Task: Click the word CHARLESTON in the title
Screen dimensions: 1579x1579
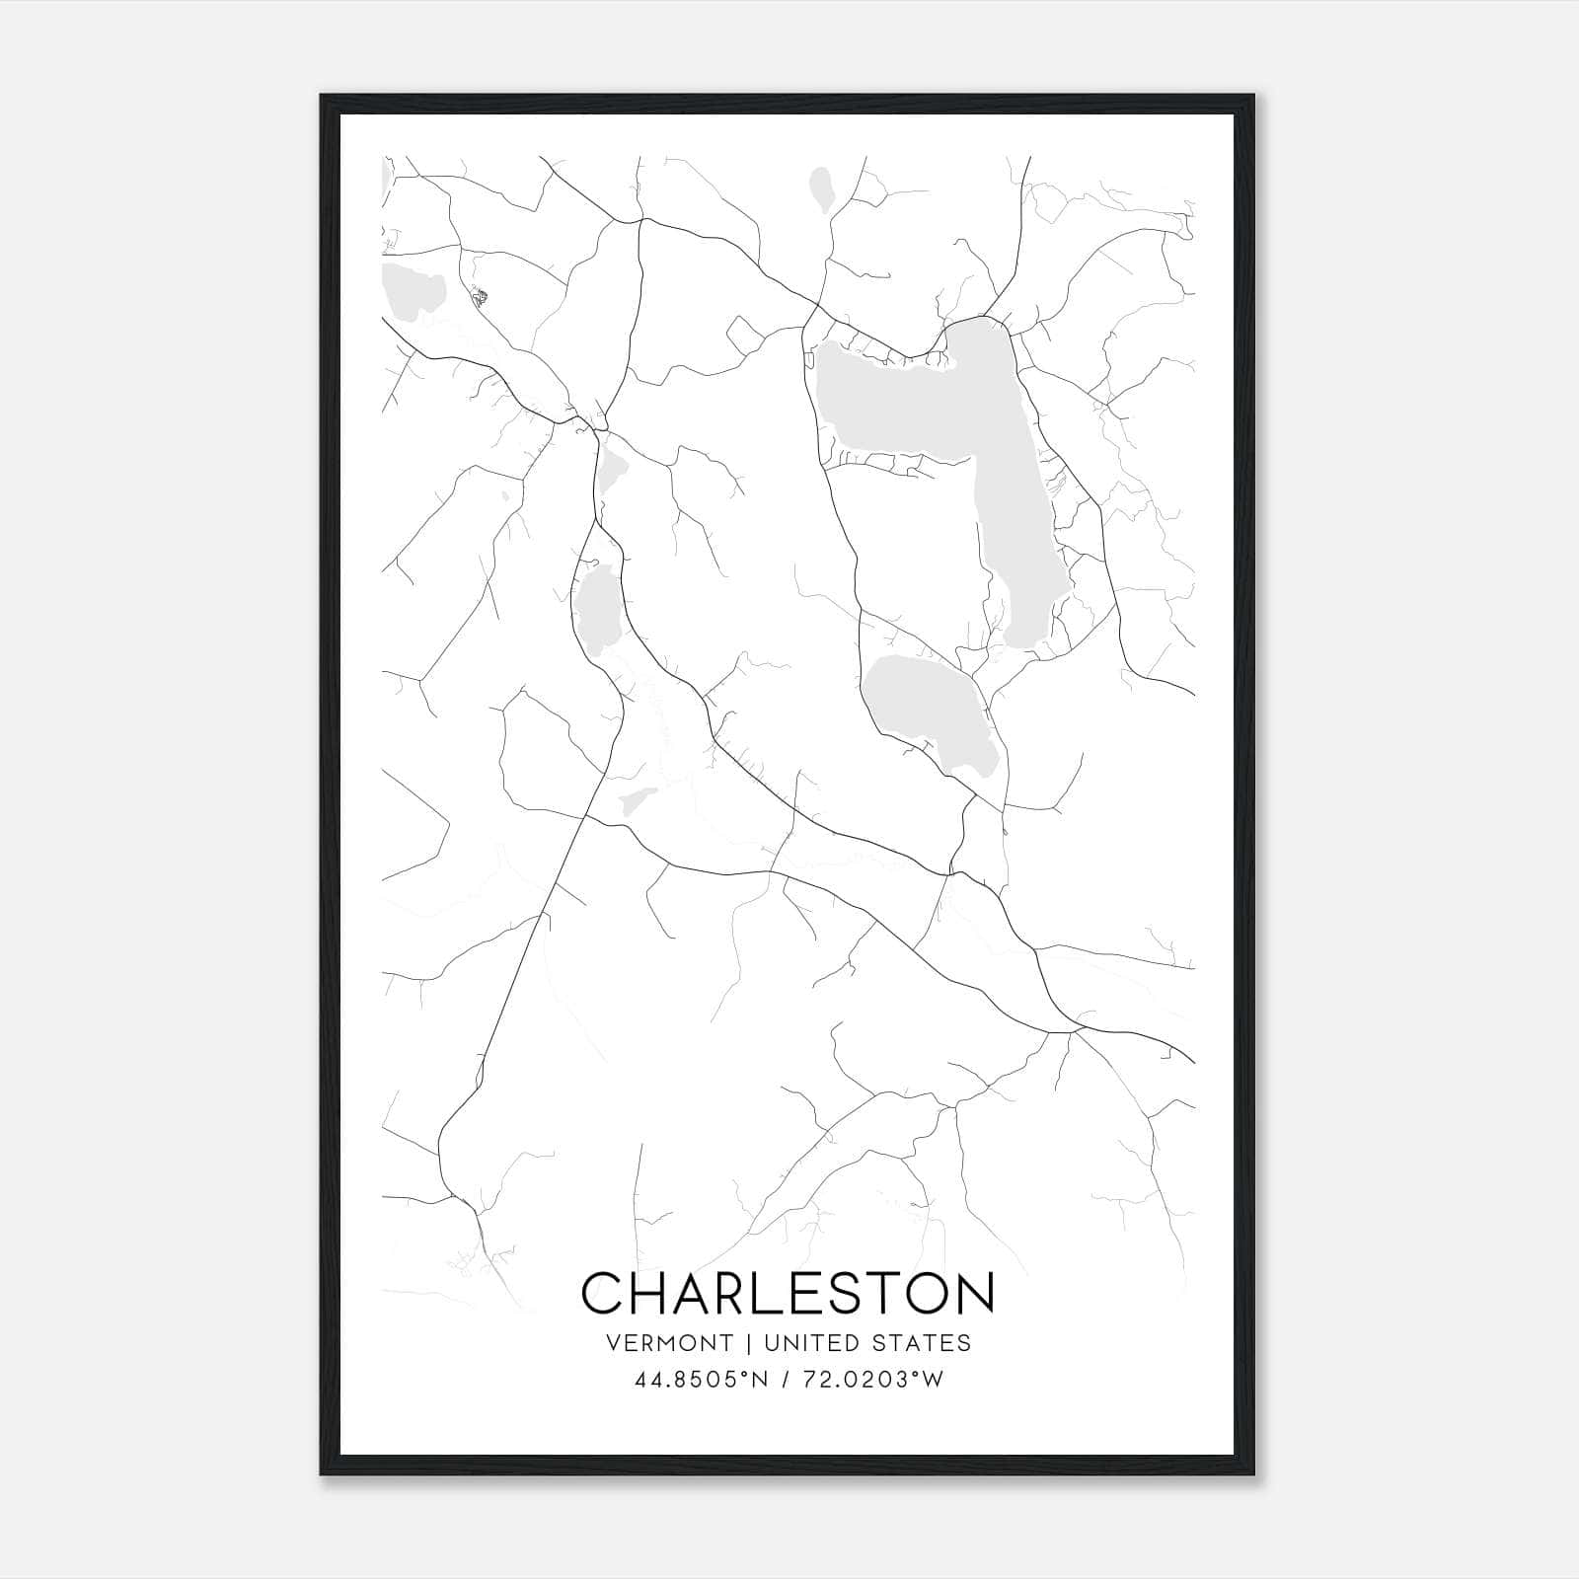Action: click(x=788, y=1294)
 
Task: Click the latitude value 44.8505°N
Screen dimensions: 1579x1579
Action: click(x=702, y=1381)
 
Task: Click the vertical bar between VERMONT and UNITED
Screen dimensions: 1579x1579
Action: click(x=748, y=1343)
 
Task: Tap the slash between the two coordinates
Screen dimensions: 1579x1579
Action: click(x=785, y=1381)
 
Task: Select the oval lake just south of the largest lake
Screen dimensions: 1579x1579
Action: click(x=928, y=711)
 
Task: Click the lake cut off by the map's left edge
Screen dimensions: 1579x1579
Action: click(x=410, y=291)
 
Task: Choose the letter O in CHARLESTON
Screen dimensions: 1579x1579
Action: click(x=927, y=1294)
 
